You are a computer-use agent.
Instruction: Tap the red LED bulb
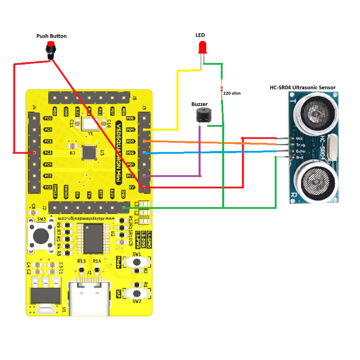[202, 47]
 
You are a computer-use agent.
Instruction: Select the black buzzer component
[203, 115]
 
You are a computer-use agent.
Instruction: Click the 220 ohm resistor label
[232, 93]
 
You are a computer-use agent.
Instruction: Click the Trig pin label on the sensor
[300, 145]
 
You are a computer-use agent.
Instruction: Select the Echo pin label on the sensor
[300, 151]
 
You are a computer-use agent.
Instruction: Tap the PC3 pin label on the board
[47, 153]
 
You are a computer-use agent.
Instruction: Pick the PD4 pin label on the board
[131, 129]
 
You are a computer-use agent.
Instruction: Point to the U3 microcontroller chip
[88, 152]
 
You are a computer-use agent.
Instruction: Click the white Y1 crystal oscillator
[90, 123]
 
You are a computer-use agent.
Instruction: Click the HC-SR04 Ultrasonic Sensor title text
[302, 88]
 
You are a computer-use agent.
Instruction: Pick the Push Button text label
[52, 36]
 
